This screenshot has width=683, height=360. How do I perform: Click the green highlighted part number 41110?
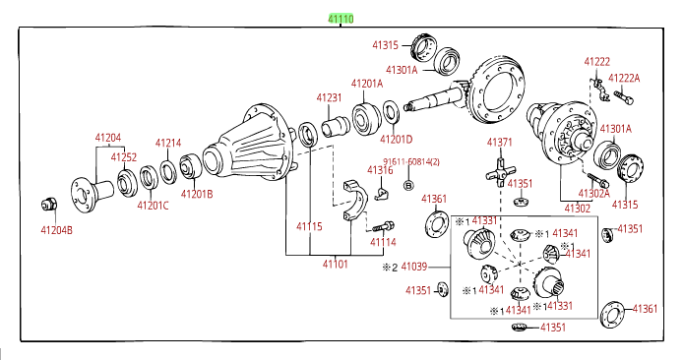tap(341, 18)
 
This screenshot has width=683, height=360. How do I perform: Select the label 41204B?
tap(56, 230)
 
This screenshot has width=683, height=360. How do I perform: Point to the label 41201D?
tap(397, 139)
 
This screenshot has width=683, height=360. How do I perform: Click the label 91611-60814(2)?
tap(411, 162)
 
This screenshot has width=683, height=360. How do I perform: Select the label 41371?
tap(500, 143)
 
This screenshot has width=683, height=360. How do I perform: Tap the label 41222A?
tap(623, 78)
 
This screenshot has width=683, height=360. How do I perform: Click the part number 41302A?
tap(594, 193)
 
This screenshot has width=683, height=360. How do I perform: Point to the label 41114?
tap(384, 242)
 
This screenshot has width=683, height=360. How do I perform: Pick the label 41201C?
tap(153, 206)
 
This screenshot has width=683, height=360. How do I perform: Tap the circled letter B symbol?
tap(409, 185)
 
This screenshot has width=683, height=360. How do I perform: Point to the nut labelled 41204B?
tap(44, 205)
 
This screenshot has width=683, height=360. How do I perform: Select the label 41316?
tap(380, 170)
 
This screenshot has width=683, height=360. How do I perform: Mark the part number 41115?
tap(310, 226)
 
